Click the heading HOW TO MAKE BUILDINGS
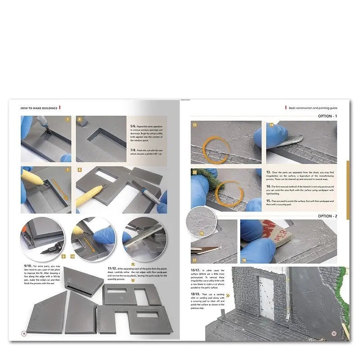coord(39,108)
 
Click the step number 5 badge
coord(67,120)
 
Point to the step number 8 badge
coord(80,170)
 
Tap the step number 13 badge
coord(195,124)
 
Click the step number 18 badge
coord(244,260)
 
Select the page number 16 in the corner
coord(24,333)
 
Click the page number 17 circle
coord(334,333)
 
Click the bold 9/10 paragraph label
coord(26,266)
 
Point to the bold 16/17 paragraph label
coord(197,270)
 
